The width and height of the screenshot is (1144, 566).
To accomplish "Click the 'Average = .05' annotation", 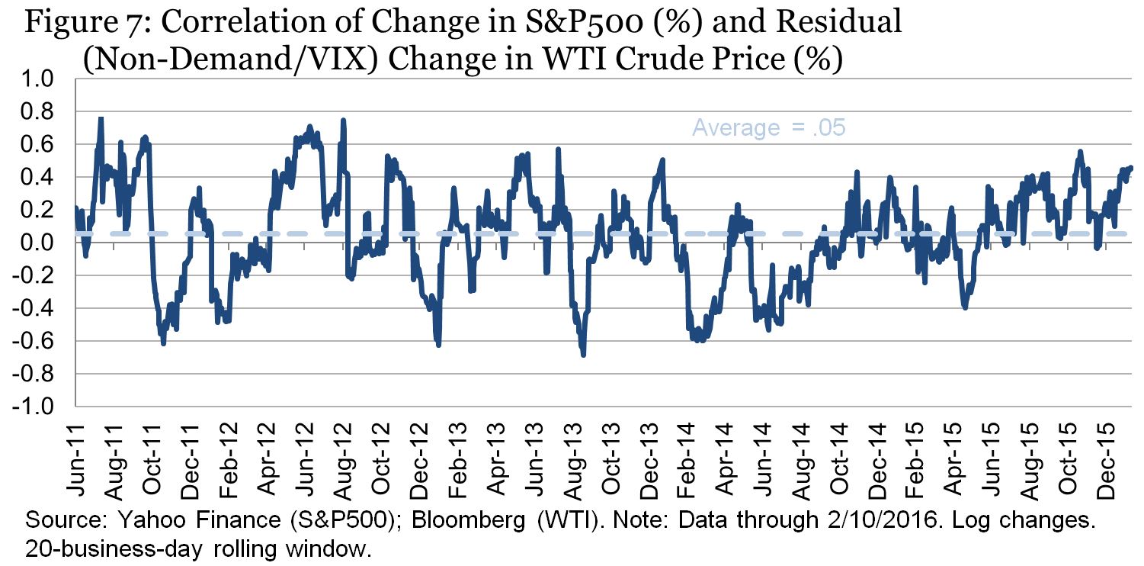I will point(768,128).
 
